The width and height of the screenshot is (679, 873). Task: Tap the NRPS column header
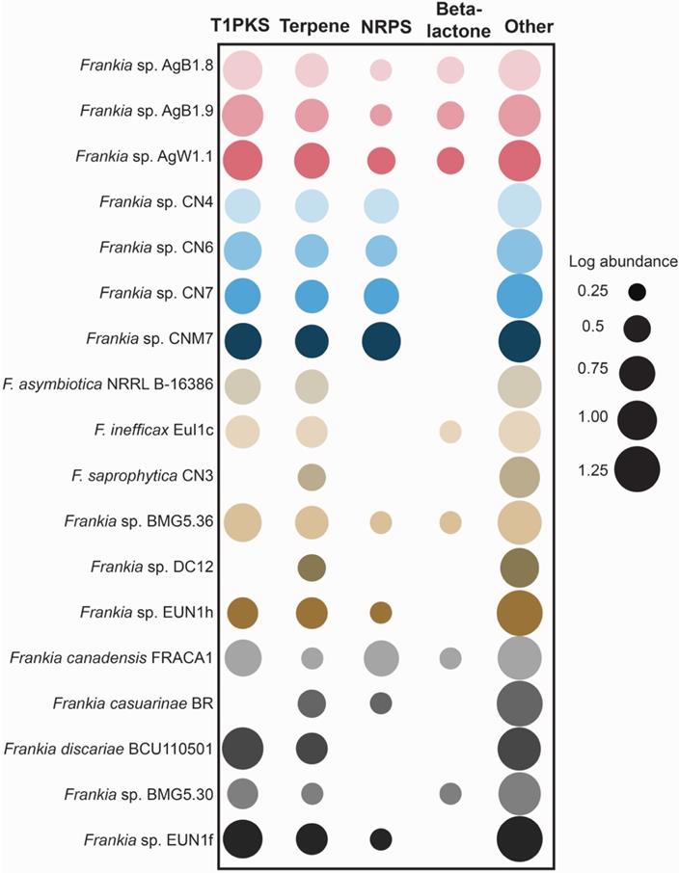click(x=380, y=25)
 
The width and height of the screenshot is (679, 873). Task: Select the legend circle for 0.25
click(x=637, y=291)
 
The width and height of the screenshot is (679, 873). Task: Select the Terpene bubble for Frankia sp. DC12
click(x=312, y=567)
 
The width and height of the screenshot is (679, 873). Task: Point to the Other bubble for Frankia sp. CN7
click(x=520, y=295)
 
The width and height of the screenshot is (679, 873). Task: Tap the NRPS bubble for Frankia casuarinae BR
click(x=380, y=702)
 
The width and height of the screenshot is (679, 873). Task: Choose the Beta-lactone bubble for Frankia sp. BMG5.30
click(x=449, y=793)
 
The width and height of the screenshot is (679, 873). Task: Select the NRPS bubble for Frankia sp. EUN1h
click(x=380, y=612)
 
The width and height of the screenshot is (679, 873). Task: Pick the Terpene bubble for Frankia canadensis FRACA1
click(x=312, y=658)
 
